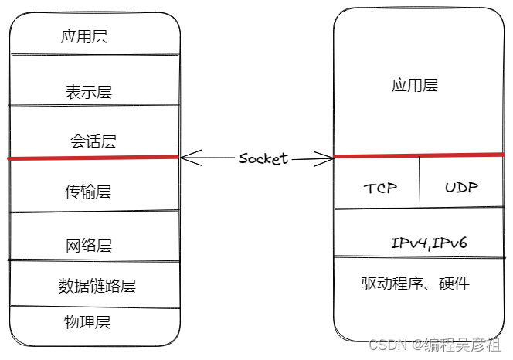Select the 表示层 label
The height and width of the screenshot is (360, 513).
click(x=89, y=92)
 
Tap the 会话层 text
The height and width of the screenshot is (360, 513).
click(x=93, y=141)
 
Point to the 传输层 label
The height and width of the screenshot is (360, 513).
click(x=88, y=192)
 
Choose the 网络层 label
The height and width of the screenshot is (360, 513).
click(x=89, y=246)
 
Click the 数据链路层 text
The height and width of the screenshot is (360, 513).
click(x=97, y=286)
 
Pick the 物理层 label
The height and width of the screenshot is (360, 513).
click(x=87, y=322)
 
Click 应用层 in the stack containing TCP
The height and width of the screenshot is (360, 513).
click(x=415, y=85)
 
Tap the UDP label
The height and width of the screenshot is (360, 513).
click(x=461, y=188)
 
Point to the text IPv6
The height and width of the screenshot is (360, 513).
click(x=450, y=243)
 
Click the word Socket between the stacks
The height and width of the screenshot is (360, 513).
click(x=263, y=158)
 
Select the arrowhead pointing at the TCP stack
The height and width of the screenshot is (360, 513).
click(x=328, y=159)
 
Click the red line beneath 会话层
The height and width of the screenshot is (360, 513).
click(x=93, y=158)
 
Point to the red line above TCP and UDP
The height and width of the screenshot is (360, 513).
click(x=417, y=156)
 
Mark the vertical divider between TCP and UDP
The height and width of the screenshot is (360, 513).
click(x=420, y=182)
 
